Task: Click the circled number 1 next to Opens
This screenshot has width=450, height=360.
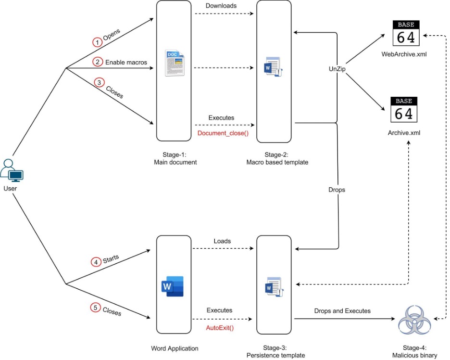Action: click(98, 42)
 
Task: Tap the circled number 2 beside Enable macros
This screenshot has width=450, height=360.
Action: click(98, 62)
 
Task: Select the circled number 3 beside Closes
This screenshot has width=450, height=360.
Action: click(100, 82)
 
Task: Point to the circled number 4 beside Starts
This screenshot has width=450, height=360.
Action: click(96, 262)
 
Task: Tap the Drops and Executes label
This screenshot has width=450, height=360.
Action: click(342, 311)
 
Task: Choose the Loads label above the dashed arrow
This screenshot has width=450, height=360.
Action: click(222, 241)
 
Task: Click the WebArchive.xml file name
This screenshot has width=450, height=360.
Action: click(404, 54)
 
